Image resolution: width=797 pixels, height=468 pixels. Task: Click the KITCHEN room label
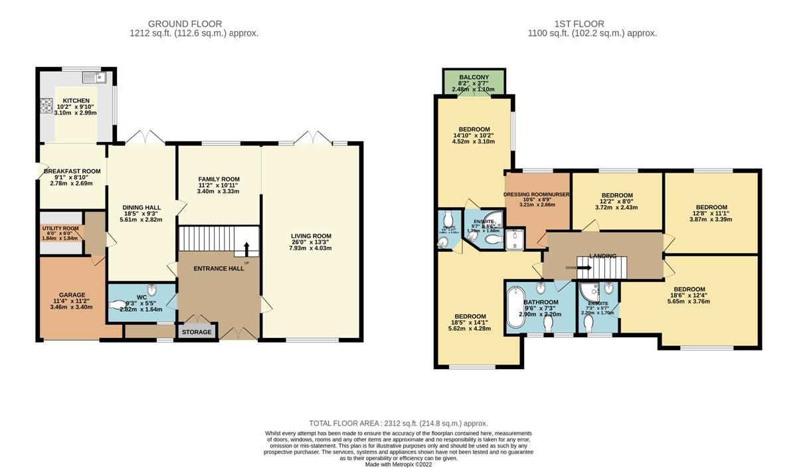click(76, 101)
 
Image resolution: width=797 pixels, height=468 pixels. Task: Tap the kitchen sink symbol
click(94, 78)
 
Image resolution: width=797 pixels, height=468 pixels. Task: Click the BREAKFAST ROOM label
click(72, 171)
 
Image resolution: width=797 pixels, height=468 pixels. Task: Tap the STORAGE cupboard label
click(197, 332)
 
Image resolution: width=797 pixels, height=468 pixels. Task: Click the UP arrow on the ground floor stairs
click(246, 249)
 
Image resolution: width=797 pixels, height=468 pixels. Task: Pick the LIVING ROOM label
click(311, 236)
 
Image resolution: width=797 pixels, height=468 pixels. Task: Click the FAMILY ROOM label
click(219, 179)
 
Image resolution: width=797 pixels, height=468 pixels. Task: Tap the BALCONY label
click(474, 77)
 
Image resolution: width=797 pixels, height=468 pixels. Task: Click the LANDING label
click(602, 256)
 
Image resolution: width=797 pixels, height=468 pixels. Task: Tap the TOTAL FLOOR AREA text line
click(398, 424)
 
